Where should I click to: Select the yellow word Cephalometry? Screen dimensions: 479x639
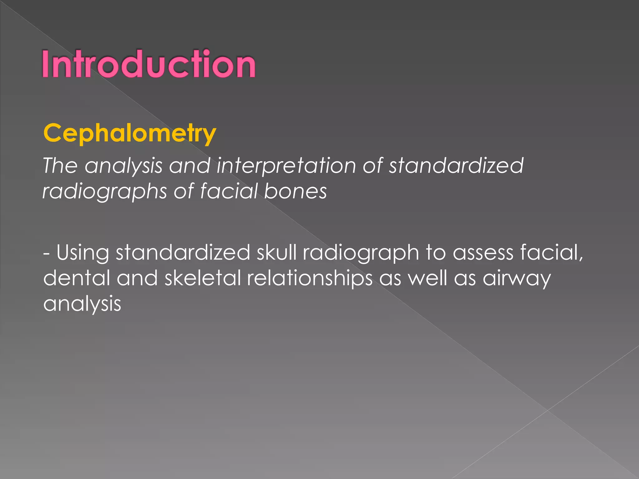[x=129, y=133]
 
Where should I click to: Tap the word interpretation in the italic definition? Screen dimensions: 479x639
[x=286, y=166]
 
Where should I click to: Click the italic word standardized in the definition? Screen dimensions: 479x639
[x=456, y=165]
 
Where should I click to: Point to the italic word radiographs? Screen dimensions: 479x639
[x=105, y=191]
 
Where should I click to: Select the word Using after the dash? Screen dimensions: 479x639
[x=83, y=253]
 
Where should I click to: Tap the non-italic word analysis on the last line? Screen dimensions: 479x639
[x=82, y=304]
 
